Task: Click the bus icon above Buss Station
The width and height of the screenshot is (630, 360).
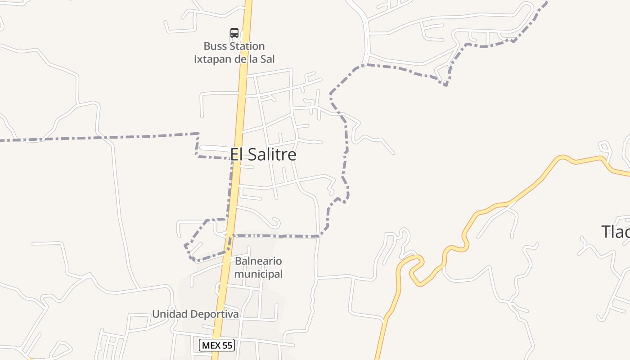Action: tap(234, 32)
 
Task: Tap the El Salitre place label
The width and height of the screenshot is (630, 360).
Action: tap(263, 155)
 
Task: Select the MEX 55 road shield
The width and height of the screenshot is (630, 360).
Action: tap(217, 345)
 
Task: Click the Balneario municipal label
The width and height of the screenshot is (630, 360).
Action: tap(258, 267)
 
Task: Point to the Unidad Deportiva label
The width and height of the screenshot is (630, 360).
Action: tap(195, 314)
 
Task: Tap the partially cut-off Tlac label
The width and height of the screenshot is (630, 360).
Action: tap(616, 232)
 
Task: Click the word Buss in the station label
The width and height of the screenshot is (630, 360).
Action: tap(216, 46)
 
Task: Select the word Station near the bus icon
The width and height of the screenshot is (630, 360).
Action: tap(247, 46)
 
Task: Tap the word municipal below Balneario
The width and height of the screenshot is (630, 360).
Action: tap(258, 274)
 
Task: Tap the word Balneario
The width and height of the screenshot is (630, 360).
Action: tap(258, 261)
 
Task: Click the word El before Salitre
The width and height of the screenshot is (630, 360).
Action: tap(237, 155)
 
